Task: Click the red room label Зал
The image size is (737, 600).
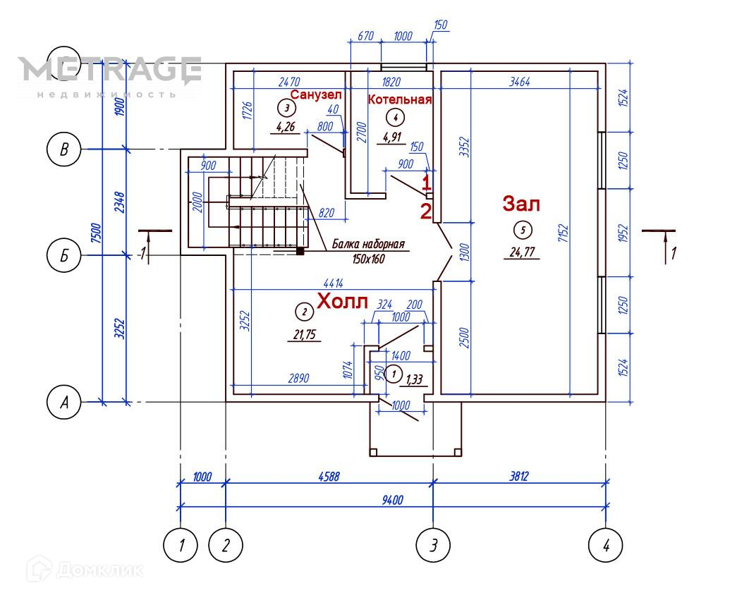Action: click(520, 204)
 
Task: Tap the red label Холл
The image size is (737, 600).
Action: click(342, 301)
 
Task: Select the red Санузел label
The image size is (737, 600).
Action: click(315, 94)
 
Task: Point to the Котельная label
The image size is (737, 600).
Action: click(399, 99)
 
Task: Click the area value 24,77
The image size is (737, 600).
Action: click(521, 252)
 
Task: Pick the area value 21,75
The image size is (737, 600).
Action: click(304, 334)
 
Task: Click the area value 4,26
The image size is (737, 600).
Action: click(286, 128)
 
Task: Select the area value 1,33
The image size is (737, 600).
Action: click(415, 381)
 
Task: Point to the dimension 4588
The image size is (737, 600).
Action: click(327, 476)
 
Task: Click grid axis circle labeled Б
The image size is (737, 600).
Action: click(64, 255)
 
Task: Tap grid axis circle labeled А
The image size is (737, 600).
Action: click(64, 403)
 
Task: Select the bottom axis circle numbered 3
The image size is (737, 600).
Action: click(433, 544)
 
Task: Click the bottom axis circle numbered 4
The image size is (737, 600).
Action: click(607, 544)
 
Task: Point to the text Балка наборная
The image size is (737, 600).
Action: click(369, 245)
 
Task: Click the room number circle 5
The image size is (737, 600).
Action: click(522, 229)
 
